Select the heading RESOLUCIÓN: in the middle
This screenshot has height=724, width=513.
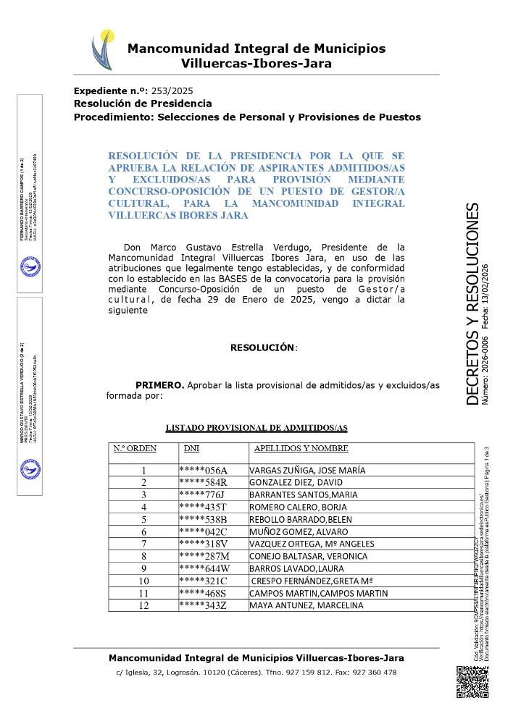pos(264,348)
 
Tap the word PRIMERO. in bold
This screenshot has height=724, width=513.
pos(159,384)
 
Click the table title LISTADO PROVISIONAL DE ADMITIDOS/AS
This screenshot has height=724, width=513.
pos(256,428)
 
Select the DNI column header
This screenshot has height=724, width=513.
pos(192,449)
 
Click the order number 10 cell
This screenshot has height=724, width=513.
pos(143,581)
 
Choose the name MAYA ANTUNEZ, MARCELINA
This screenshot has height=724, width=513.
pos(306,605)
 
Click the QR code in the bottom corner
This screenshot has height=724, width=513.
pos(472,681)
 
